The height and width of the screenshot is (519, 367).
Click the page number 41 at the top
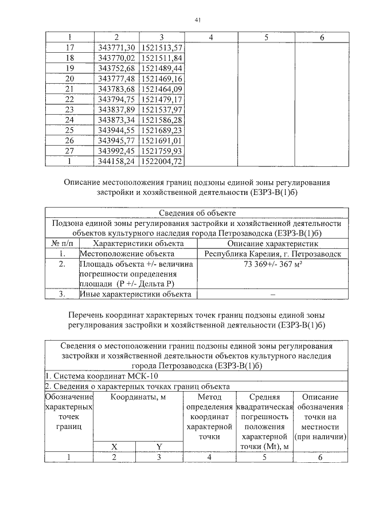point(197,19)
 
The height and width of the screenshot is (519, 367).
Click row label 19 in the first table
point(71,68)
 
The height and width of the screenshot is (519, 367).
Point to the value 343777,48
point(116,79)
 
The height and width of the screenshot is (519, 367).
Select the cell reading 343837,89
point(116,110)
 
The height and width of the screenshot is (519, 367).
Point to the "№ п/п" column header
point(61,243)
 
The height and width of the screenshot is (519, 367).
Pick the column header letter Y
point(159,446)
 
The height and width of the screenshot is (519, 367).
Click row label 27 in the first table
point(71,151)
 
